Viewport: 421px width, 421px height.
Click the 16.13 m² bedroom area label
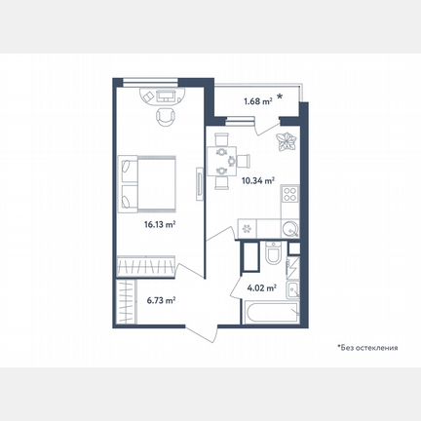pos(160,224)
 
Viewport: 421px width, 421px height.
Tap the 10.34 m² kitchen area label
pos(258,180)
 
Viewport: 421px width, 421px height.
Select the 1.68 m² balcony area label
pos(258,101)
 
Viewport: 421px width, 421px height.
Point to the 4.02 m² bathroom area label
pos(262,287)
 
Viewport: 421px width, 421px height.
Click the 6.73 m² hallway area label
pos(161,300)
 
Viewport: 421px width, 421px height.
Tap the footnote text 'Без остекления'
pos(369,348)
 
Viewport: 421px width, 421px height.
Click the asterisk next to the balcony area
pos(280,96)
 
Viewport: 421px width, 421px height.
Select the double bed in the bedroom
pos(147,184)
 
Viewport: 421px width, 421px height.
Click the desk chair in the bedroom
pos(166,117)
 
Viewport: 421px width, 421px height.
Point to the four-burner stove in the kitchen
pos(289,194)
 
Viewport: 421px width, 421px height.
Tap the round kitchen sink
pos(289,229)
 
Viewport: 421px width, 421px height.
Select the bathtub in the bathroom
pos(270,313)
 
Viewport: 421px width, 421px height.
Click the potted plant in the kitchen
pos(287,141)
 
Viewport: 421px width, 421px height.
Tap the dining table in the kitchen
pos(222,162)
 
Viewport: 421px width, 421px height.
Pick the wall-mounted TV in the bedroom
pos(199,184)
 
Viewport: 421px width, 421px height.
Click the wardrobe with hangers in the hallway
pos(127,302)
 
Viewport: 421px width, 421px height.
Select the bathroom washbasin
pos(292,289)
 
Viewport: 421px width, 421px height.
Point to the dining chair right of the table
pos(244,161)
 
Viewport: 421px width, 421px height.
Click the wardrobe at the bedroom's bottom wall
pos(146,266)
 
